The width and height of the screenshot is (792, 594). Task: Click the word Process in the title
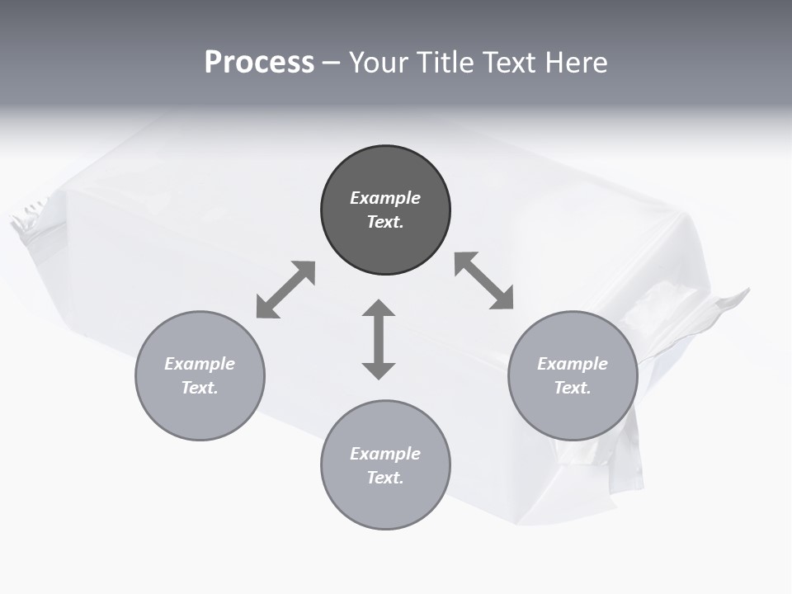coord(259,63)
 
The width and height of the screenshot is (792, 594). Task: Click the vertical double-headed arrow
coord(379,339)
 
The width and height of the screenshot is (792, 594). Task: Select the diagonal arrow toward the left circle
coord(285,290)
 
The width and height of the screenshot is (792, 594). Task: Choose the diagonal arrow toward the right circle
coord(484,280)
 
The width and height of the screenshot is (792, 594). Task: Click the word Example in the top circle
coord(385,198)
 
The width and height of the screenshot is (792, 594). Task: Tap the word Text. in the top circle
coord(385,222)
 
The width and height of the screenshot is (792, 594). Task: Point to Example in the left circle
coord(200,364)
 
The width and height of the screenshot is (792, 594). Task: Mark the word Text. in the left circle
coord(200,388)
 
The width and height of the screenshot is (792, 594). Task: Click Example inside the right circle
coord(573,364)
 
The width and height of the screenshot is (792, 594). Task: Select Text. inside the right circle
coord(573,388)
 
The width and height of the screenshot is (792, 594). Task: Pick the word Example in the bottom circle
coord(385,454)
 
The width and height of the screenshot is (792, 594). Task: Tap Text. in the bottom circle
coord(385,478)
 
